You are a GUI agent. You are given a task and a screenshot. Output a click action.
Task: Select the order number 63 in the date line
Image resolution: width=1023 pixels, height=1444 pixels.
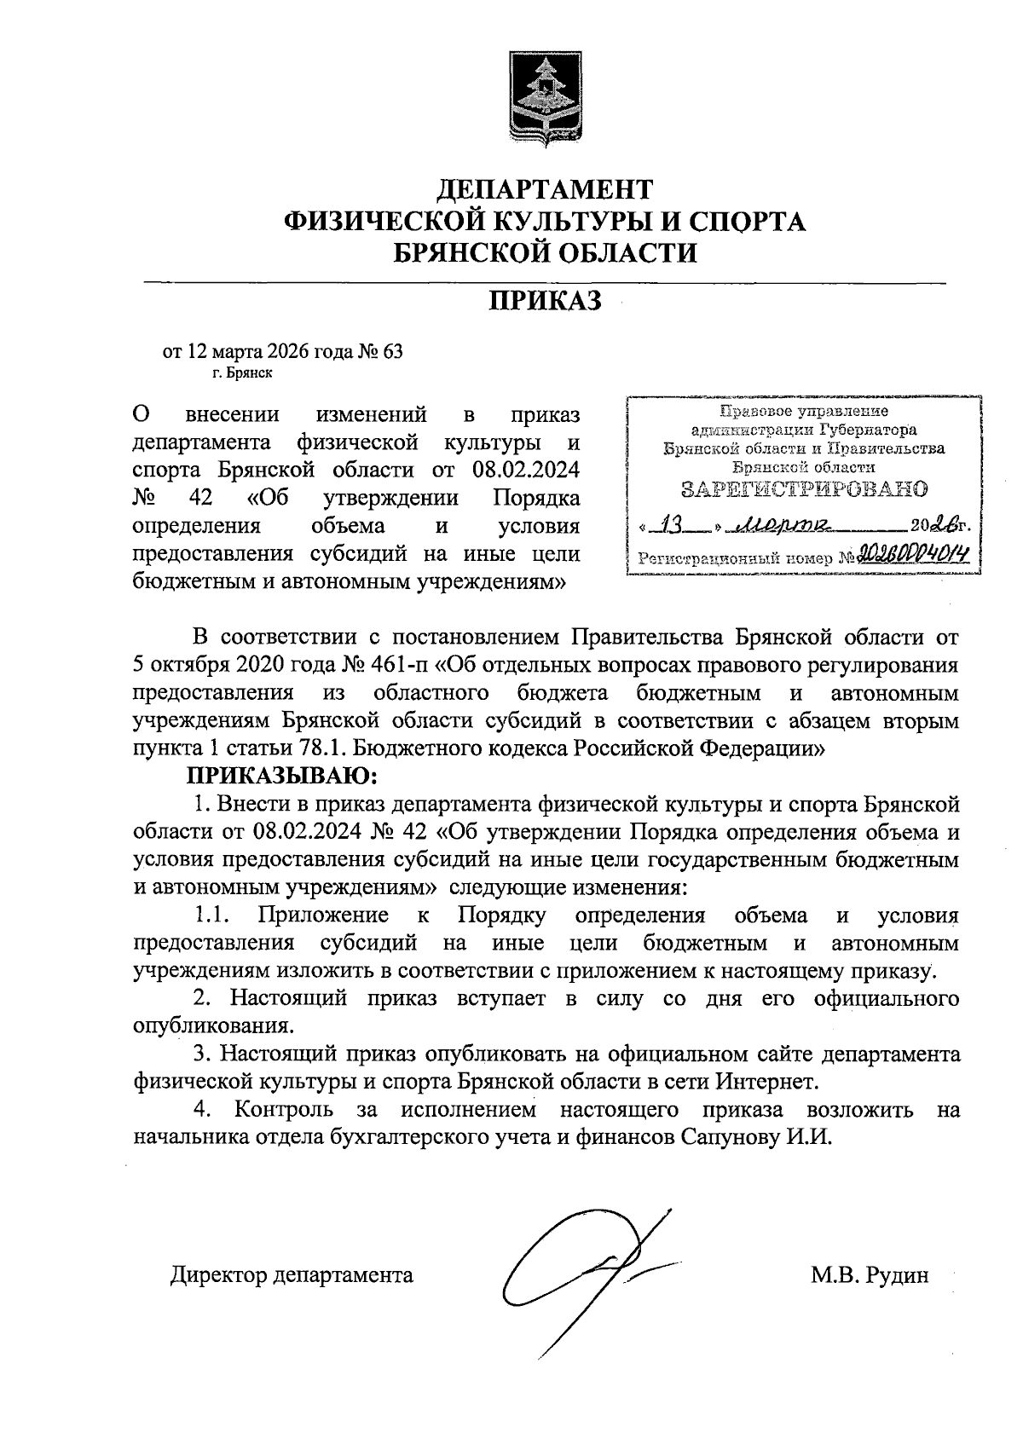[392, 352]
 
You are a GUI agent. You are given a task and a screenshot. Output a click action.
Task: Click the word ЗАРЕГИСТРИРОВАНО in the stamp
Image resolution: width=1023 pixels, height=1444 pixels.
[804, 489]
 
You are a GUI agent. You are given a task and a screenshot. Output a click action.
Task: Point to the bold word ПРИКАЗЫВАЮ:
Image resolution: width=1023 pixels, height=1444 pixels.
[282, 777]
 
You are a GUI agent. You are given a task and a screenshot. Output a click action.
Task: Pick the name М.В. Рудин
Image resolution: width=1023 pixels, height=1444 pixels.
[870, 1275]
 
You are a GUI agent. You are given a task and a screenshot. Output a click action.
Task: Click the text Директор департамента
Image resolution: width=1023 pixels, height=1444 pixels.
[292, 1275]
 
